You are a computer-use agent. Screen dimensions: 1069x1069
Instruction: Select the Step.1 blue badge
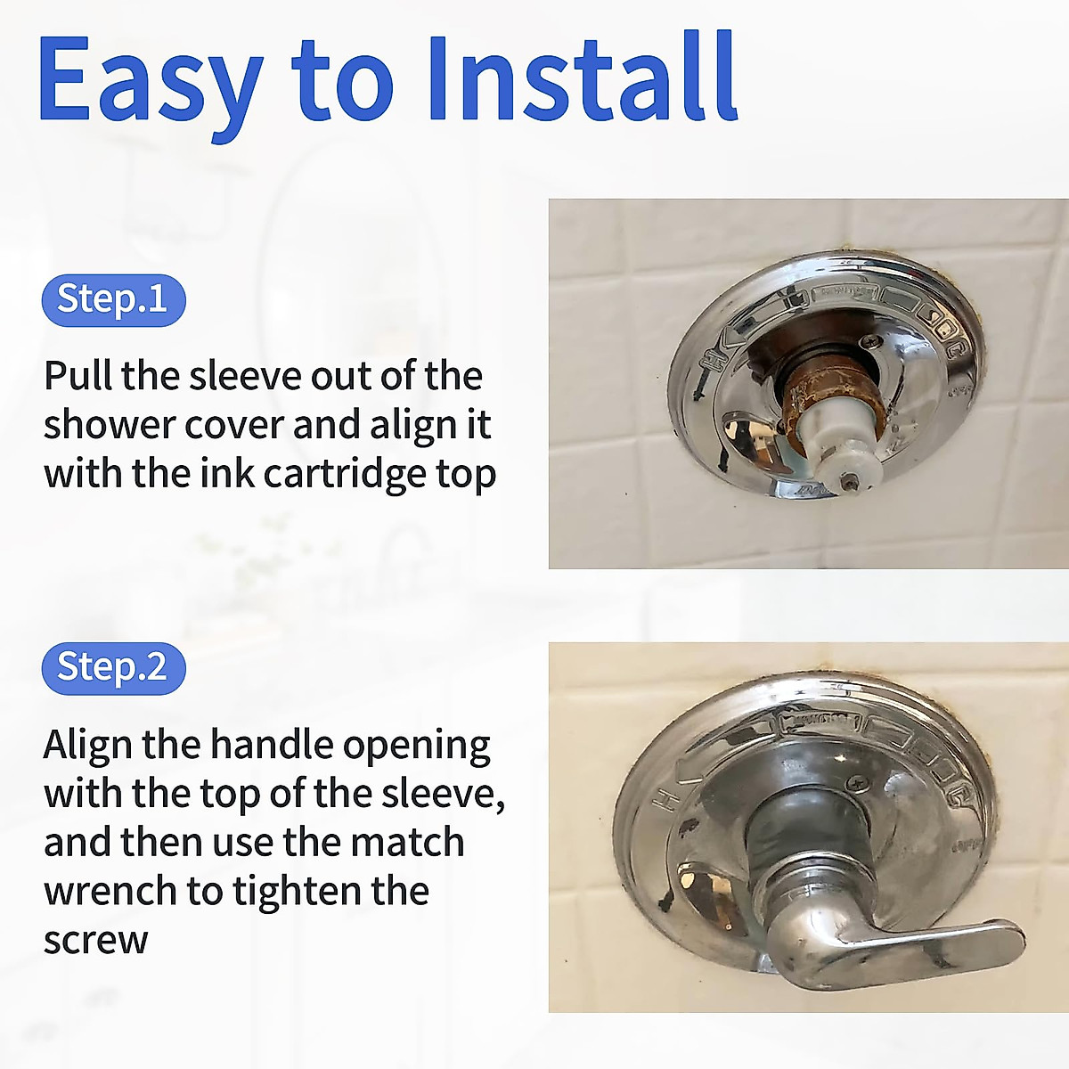click(x=113, y=299)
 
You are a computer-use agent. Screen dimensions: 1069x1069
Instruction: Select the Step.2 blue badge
click(x=113, y=667)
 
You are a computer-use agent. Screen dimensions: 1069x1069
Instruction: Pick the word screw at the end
click(x=95, y=940)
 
